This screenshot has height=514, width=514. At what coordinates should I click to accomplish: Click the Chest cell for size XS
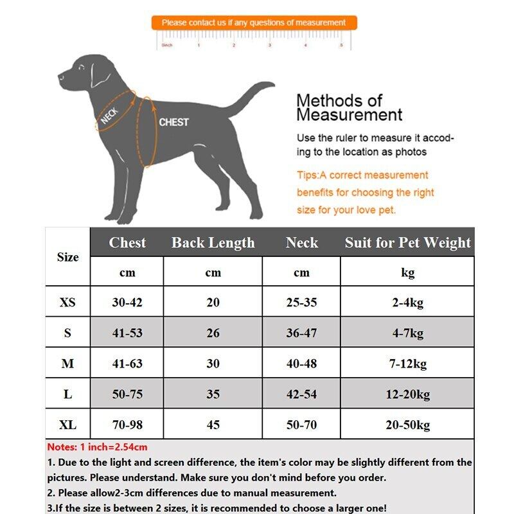click(x=127, y=303)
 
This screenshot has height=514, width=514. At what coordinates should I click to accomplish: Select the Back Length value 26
click(x=213, y=333)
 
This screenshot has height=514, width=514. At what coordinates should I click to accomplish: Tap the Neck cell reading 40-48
click(x=301, y=364)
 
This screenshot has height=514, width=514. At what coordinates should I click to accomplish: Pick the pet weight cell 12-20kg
click(x=407, y=394)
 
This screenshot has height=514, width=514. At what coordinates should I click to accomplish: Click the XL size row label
click(x=67, y=425)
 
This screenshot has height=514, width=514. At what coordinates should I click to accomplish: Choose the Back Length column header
click(x=213, y=243)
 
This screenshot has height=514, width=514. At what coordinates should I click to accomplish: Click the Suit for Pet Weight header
click(x=407, y=243)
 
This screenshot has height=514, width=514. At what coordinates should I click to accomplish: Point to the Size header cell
click(x=67, y=257)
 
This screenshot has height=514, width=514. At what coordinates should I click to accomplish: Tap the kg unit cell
click(x=407, y=272)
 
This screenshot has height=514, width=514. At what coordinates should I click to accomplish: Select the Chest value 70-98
click(x=127, y=425)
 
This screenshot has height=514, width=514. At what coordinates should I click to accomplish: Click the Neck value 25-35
click(x=301, y=303)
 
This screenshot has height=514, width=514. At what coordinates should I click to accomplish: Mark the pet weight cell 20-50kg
click(x=407, y=425)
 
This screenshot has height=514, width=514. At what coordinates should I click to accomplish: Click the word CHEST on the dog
click(x=173, y=122)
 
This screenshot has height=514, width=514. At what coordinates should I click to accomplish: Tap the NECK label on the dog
click(x=110, y=115)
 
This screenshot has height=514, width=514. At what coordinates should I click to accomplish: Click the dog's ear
click(x=100, y=74)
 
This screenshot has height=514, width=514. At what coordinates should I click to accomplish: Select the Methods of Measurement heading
click(x=349, y=107)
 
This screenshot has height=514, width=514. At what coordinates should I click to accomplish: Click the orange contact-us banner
click(x=254, y=22)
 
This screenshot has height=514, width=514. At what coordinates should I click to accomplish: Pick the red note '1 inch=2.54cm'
click(x=98, y=447)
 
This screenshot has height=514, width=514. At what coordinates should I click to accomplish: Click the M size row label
click(x=67, y=364)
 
